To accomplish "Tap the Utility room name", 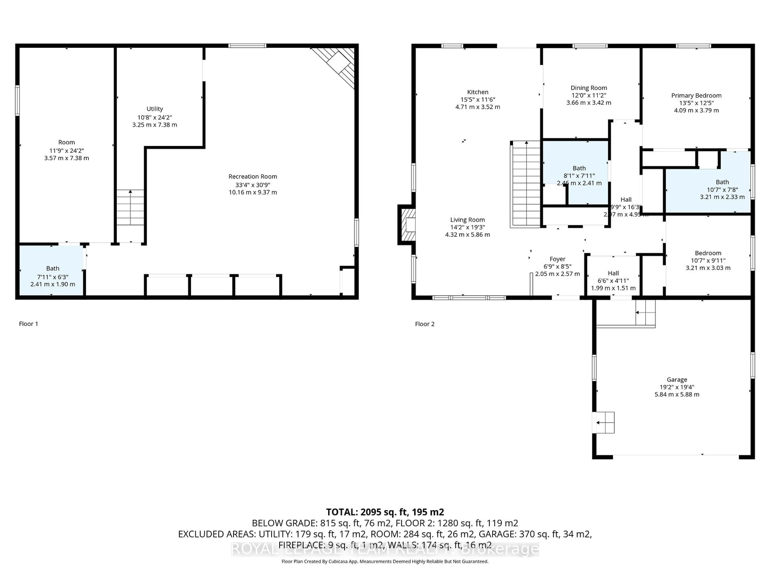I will tap(155, 109).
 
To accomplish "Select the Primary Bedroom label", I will tap(696, 96).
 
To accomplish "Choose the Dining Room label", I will tap(589, 88).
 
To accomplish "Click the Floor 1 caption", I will tap(28, 324).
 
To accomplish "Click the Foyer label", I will tap(557, 259).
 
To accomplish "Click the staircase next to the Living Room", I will tap(526, 184).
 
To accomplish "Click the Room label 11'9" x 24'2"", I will tap(67, 142).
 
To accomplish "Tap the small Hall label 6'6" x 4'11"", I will tap(613, 273).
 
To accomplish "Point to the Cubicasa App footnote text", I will tap(385, 561).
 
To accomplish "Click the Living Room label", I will tap(467, 220).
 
